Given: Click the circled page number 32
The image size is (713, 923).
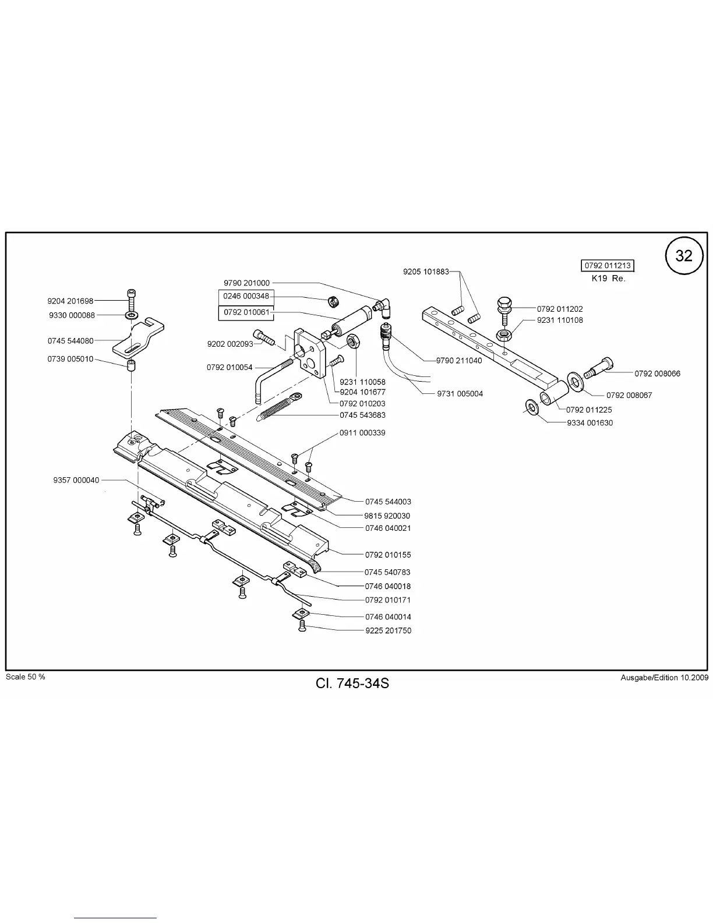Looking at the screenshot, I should pyautogui.click(x=684, y=256).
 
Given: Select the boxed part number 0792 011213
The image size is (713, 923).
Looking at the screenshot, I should pyautogui.click(x=608, y=266).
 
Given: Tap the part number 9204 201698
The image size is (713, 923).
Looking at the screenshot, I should pyautogui.click(x=70, y=301).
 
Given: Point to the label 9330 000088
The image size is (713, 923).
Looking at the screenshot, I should pyautogui.click(x=72, y=315).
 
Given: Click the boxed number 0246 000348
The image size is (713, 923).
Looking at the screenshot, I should pyautogui.click(x=246, y=297).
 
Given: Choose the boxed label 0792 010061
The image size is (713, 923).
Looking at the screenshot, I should pyautogui.click(x=246, y=312).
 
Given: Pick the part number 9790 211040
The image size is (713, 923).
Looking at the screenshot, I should pyautogui.click(x=459, y=361).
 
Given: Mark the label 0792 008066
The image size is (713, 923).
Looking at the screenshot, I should pyautogui.click(x=657, y=374).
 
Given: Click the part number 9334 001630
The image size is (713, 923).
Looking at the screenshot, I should pyautogui.click(x=590, y=423).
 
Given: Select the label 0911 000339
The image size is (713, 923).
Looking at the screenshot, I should pyautogui.click(x=362, y=433).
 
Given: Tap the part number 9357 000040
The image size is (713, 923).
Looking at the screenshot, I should pyautogui.click(x=76, y=480).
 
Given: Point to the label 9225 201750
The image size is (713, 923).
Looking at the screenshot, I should pyautogui.click(x=388, y=630).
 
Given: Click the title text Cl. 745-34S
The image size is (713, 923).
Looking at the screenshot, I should pyautogui.click(x=352, y=683).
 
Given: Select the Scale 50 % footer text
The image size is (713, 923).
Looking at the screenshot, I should pyautogui.click(x=25, y=677).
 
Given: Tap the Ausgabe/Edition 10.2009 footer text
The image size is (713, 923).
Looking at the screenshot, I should pyautogui.click(x=664, y=678).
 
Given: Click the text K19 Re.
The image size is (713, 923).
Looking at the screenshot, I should pyautogui.click(x=608, y=279).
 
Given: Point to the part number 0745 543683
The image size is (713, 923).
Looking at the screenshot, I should pyautogui.click(x=362, y=415).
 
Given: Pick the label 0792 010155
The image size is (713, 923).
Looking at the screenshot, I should pyautogui.click(x=388, y=555).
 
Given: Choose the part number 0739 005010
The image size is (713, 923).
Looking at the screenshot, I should pyautogui.click(x=70, y=359).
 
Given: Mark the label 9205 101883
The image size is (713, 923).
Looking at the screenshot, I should pyautogui.click(x=426, y=272).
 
